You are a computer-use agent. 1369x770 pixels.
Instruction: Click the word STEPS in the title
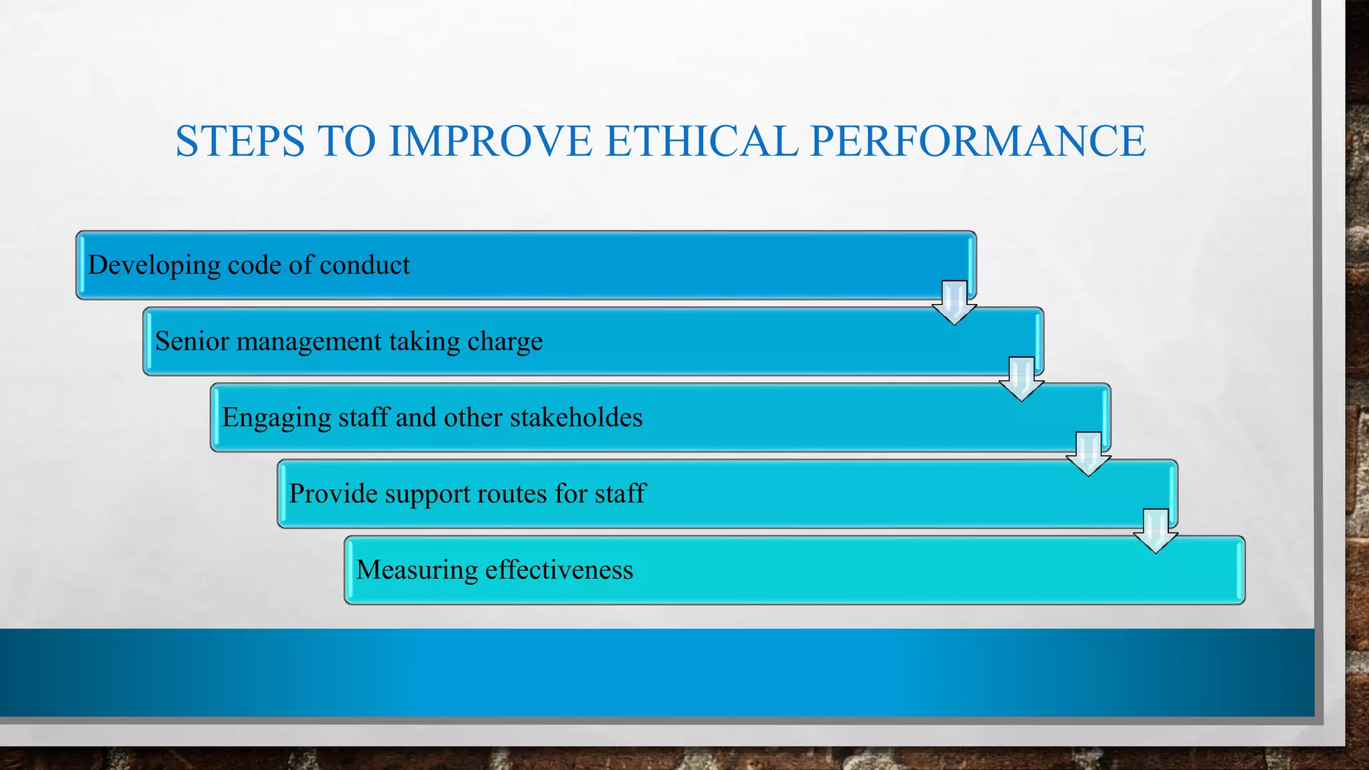tap(240, 141)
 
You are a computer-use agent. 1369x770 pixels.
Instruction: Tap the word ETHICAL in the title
tap(701, 141)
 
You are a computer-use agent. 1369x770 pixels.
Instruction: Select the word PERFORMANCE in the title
tap(977, 141)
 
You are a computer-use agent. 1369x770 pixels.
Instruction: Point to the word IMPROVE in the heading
tap(490, 141)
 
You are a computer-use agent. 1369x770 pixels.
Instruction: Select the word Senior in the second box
tap(192, 342)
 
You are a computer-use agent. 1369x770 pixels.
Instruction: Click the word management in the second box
tap(309, 342)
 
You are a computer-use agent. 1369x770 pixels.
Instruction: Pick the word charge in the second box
tap(505, 342)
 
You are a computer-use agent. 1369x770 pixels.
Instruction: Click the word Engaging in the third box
tap(275, 418)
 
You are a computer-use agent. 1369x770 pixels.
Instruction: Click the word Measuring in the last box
tap(416, 570)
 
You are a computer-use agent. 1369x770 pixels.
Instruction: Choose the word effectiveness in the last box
tap(559, 570)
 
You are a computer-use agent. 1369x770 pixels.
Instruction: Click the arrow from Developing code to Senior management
tap(954, 303)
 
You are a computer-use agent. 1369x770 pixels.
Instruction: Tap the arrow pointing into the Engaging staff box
tap(1021, 379)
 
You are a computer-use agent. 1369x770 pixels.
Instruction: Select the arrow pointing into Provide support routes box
tap(1088, 455)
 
